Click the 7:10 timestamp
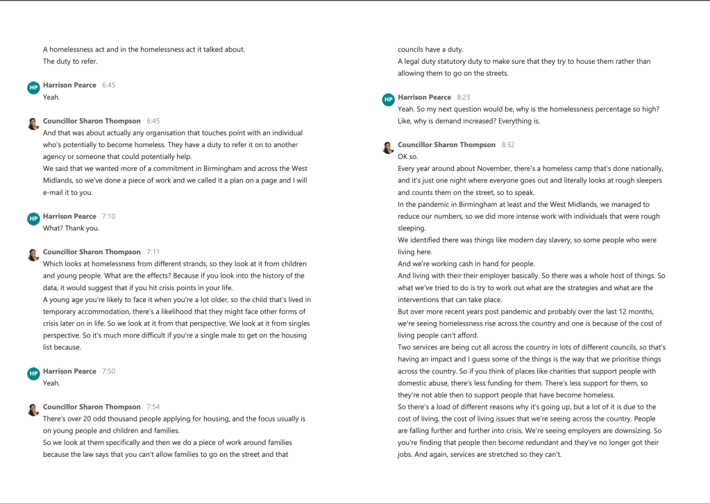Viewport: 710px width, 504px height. [108, 217]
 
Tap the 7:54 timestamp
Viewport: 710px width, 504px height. [153, 407]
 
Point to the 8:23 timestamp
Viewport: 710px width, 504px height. [463, 97]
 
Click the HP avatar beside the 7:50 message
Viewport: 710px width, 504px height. [33, 373]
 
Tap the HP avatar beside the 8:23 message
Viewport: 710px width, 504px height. [388, 100]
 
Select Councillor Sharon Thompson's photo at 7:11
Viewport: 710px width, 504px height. [33, 255]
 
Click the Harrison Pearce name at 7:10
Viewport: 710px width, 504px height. [69, 217]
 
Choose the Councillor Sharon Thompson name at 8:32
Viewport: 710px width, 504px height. [446, 145]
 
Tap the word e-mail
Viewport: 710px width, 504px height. [53, 192]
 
